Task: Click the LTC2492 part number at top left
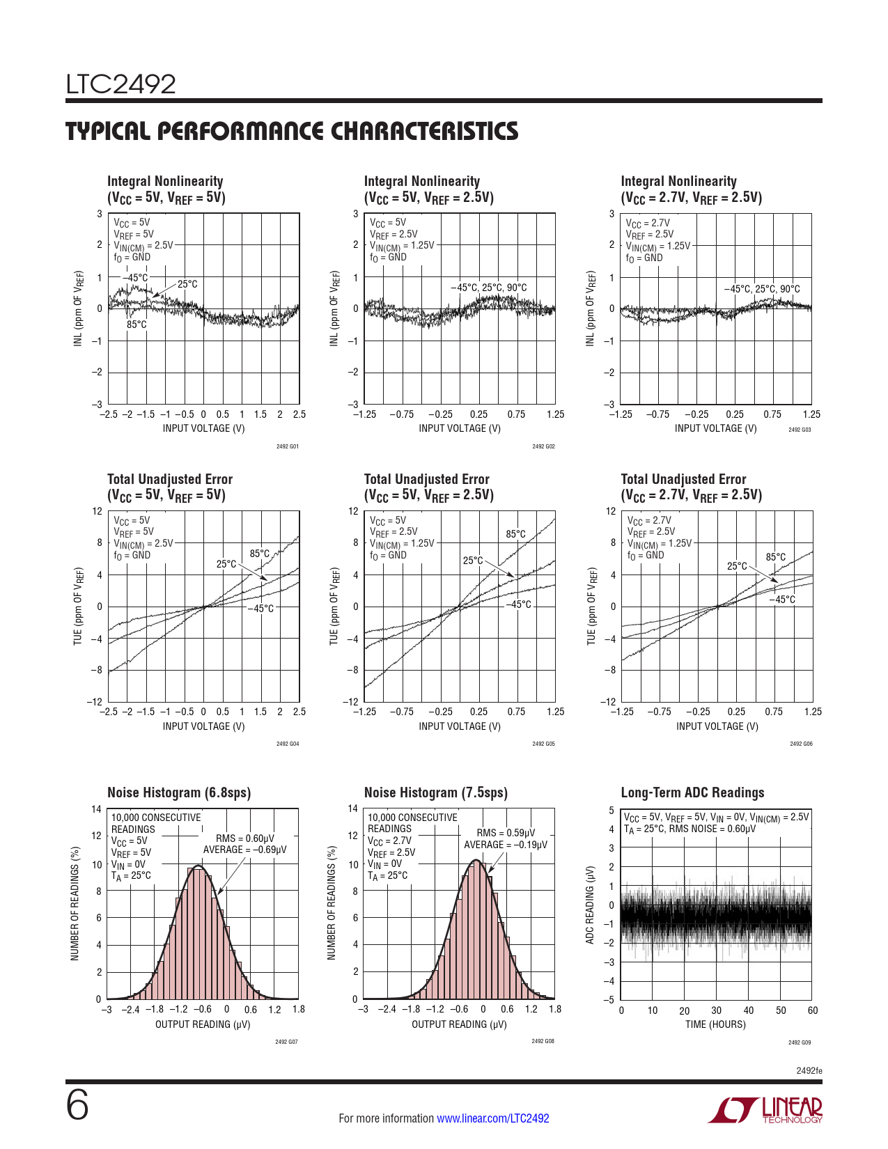[120, 84]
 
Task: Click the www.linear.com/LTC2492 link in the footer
[492, 1118]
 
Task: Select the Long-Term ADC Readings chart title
[692, 792]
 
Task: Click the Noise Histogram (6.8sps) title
[179, 792]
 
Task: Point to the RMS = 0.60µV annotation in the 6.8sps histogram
[244, 838]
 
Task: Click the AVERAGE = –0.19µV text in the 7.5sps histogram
[506, 845]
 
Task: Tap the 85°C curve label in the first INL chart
[137, 325]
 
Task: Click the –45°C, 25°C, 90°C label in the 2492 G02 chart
[488, 288]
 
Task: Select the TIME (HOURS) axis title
[715, 1024]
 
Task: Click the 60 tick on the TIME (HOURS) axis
[812, 1010]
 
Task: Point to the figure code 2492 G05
[543, 744]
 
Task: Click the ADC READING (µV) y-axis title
[590, 905]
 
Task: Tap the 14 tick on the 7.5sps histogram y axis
[353, 808]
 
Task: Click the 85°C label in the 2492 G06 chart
[775, 557]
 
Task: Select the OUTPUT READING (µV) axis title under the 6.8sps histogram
[203, 1024]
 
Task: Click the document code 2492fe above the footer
[809, 1070]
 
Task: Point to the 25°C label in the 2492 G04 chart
[226, 564]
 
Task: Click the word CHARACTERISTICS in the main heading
[424, 132]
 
